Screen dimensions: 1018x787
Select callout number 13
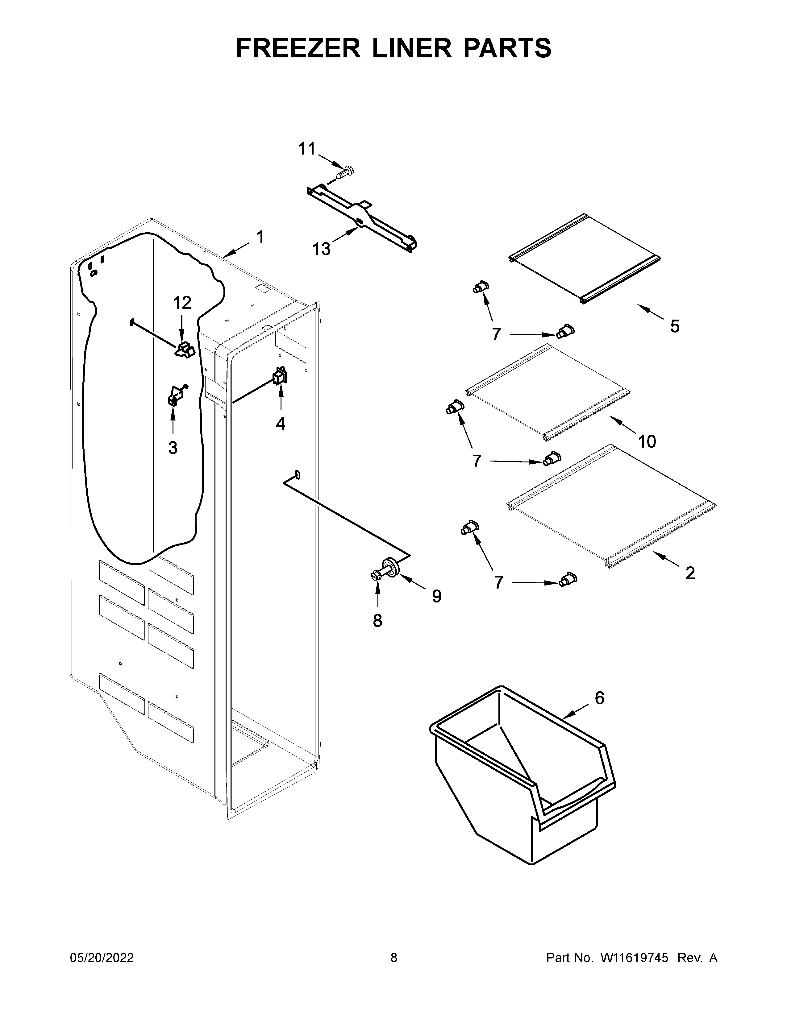click(321, 249)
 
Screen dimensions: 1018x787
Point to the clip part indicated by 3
click(175, 397)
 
